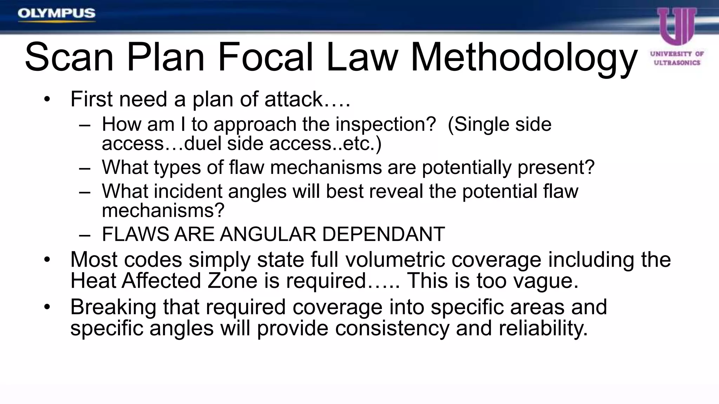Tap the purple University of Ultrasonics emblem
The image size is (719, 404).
[x=677, y=27]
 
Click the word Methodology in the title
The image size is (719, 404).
[x=523, y=57]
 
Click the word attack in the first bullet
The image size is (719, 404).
[x=293, y=99]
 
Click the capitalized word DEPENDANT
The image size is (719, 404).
[x=383, y=234]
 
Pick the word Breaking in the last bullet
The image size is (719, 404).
[x=113, y=307]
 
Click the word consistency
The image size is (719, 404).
[x=392, y=328]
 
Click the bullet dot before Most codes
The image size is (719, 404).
[x=47, y=260]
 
